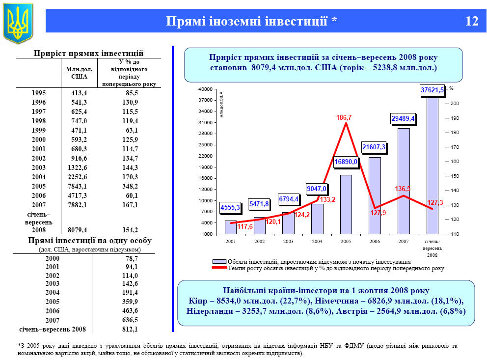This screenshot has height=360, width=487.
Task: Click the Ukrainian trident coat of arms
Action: (x=18, y=22)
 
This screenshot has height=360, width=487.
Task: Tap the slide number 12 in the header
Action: (x=472, y=21)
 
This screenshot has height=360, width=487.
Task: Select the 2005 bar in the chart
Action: (x=346, y=204)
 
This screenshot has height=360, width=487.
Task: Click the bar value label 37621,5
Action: (x=432, y=90)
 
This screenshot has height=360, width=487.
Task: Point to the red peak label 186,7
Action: (x=344, y=118)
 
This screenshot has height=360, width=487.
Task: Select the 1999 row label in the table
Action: (x=39, y=130)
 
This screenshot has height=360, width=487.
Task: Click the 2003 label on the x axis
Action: (x=288, y=242)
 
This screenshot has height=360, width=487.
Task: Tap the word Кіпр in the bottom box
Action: (x=197, y=301)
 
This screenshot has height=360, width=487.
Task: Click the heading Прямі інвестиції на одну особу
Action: (x=90, y=241)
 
